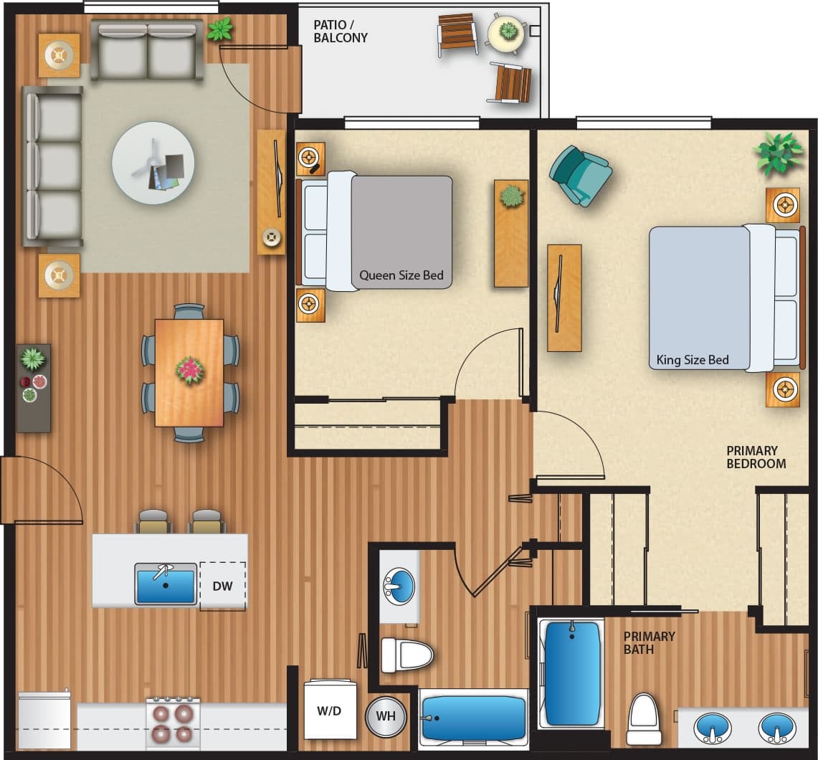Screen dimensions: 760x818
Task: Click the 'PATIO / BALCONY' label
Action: (341, 31)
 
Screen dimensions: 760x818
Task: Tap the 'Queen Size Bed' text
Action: (401, 275)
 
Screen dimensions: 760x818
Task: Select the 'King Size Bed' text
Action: (692, 360)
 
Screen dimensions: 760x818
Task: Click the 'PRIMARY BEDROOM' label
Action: (756, 457)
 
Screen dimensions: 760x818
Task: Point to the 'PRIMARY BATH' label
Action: (649, 642)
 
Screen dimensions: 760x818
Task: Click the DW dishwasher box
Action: (222, 586)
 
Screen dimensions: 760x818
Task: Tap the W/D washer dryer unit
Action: (330, 711)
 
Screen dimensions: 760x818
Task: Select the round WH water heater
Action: (386, 716)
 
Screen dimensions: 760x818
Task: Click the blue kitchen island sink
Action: (166, 584)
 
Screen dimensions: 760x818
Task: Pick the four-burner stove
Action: (173, 723)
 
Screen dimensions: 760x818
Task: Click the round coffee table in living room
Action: (153, 163)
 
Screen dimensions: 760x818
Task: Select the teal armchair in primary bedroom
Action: (581, 175)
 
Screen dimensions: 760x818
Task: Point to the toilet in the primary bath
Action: (644, 718)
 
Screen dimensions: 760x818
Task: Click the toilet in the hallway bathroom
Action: (406, 655)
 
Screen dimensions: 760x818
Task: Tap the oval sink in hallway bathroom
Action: (399, 586)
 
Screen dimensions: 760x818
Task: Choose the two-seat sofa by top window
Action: (147, 51)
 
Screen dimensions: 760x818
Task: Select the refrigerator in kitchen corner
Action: (44, 719)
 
